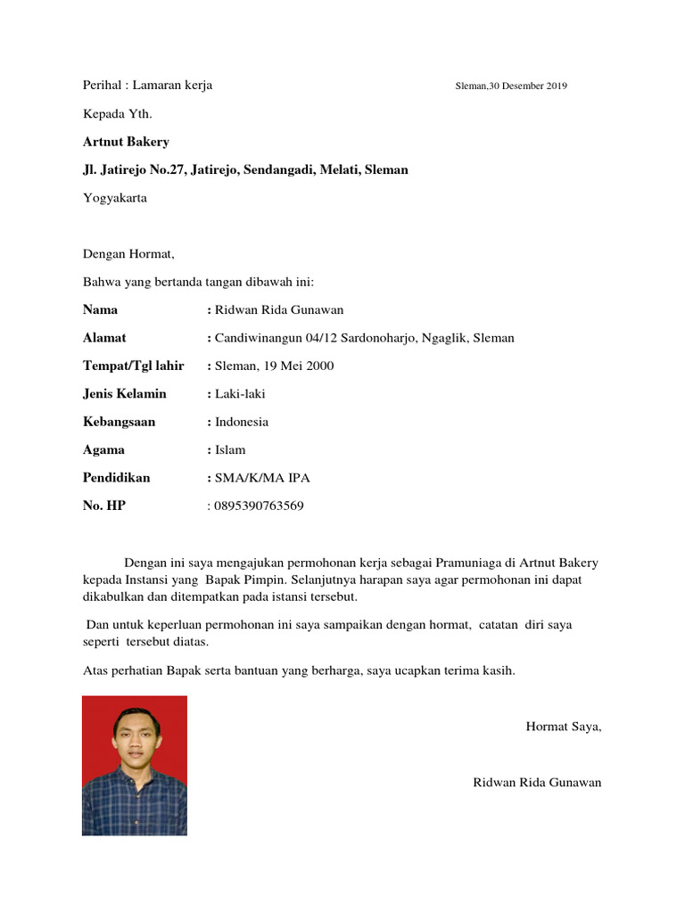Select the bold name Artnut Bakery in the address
pyautogui.click(x=126, y=142)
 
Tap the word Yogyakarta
pyautogui.click(x=115, y=198)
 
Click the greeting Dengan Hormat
pyautogui.click(x=128, y=254)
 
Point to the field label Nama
pyautogui.click(x=100, y=310)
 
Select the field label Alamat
pyautogui.click(x=104, y=338)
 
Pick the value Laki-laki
pyautogui.click(x=240, y=394)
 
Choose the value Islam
pyautogui.click(x=230, y=450)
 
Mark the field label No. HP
pyautogui.click(x=104, y=506)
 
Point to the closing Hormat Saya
pyautogui.click(x=564, y=727)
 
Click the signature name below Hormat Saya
pyautogui.click(x=537, y=783)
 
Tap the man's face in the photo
pyautogui.click(x=131, y=733)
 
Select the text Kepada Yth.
pyautogui.click(x=111, y=114)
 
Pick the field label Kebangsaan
pyautogui.click(x=119, y=422)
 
